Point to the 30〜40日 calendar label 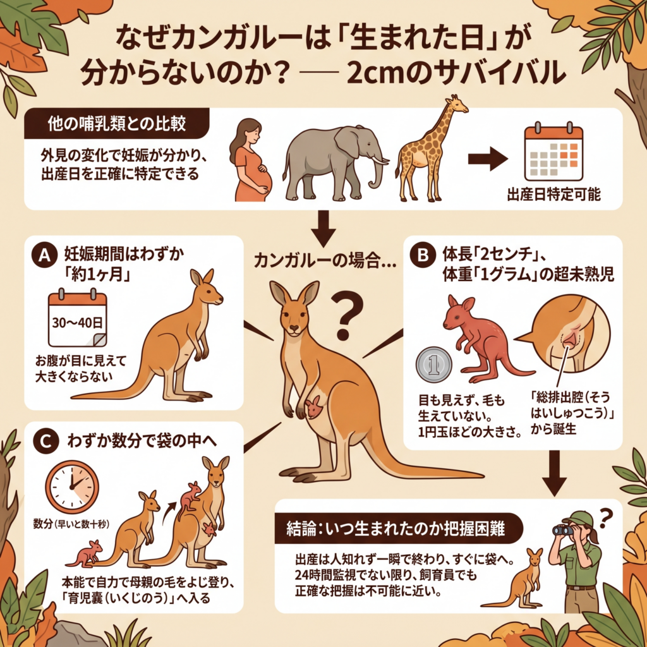77,322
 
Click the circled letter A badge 44,255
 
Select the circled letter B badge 423,255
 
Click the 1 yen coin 433,365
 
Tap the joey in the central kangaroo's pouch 315,406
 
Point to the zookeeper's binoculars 564,530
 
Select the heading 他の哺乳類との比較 117,124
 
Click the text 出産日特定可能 553,195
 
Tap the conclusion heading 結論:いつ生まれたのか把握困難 396,529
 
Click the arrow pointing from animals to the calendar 488,159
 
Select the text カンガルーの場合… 325,261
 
